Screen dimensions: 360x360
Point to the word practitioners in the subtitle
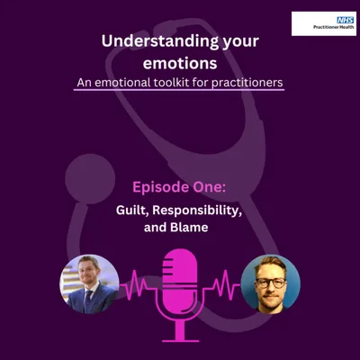pyautogui.click(x=249, y=82)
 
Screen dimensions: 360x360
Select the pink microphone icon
pyautogui.click(x=180, y=279)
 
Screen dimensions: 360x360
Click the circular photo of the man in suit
pyautogui.click(x=89, y=283)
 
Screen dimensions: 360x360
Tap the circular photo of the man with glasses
pyautogui.click(x=270, y=283)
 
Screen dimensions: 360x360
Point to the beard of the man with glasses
pyautogui.click(x=269, y=294)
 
